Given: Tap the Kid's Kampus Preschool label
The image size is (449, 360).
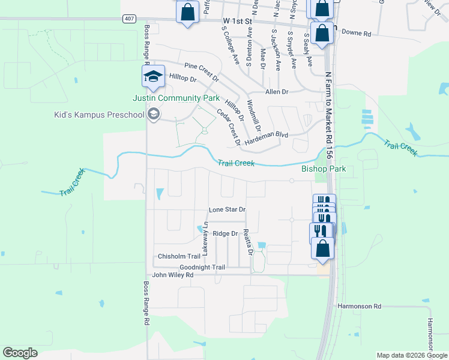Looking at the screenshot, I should (100, 115).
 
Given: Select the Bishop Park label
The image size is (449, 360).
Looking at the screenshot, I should (324, 169).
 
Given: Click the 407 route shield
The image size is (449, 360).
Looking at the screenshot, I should (130, 19).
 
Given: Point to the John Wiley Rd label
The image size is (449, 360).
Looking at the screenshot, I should (173, 275).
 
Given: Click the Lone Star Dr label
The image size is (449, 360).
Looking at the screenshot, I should (227, 210).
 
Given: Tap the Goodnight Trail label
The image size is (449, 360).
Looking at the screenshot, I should (202, 267).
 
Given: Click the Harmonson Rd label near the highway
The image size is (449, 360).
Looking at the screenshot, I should (360, 306).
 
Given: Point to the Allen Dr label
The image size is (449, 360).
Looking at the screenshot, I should (277, 92).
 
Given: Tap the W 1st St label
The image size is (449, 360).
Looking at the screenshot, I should (235, 21).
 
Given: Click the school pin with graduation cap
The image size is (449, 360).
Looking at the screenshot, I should (153, 77).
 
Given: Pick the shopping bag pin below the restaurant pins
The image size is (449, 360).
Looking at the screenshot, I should (322, 248).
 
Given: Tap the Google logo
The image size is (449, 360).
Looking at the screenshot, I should (20, 353).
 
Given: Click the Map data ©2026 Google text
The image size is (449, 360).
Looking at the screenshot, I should (412, 355).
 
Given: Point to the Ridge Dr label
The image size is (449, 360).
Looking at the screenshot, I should (226, 233).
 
